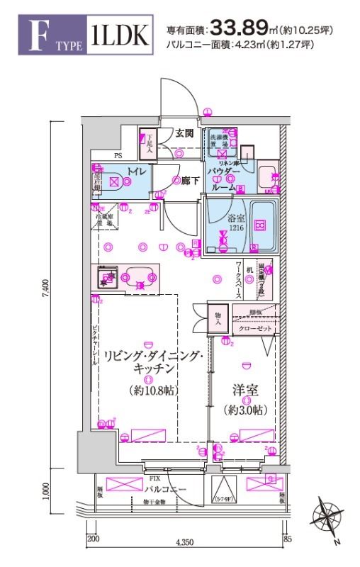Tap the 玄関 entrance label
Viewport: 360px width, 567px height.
click(186, 133)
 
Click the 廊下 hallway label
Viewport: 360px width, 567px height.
click(188, 181)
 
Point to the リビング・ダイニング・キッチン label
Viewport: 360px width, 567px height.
click(154, 363)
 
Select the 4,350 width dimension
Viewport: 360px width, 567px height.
click(185, 541)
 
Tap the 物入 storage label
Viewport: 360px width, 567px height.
click(219, 319)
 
